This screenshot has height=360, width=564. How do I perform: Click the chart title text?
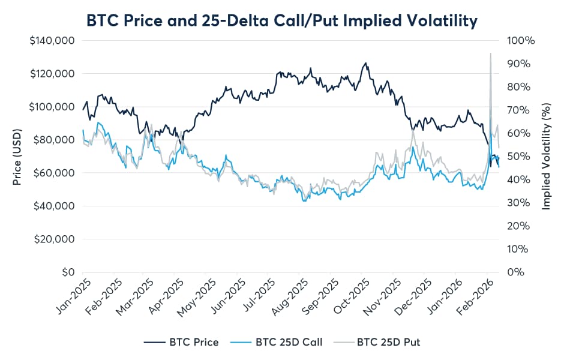(x=282, y=20)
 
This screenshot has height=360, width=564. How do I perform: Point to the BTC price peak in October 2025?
(x=365, y=62)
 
